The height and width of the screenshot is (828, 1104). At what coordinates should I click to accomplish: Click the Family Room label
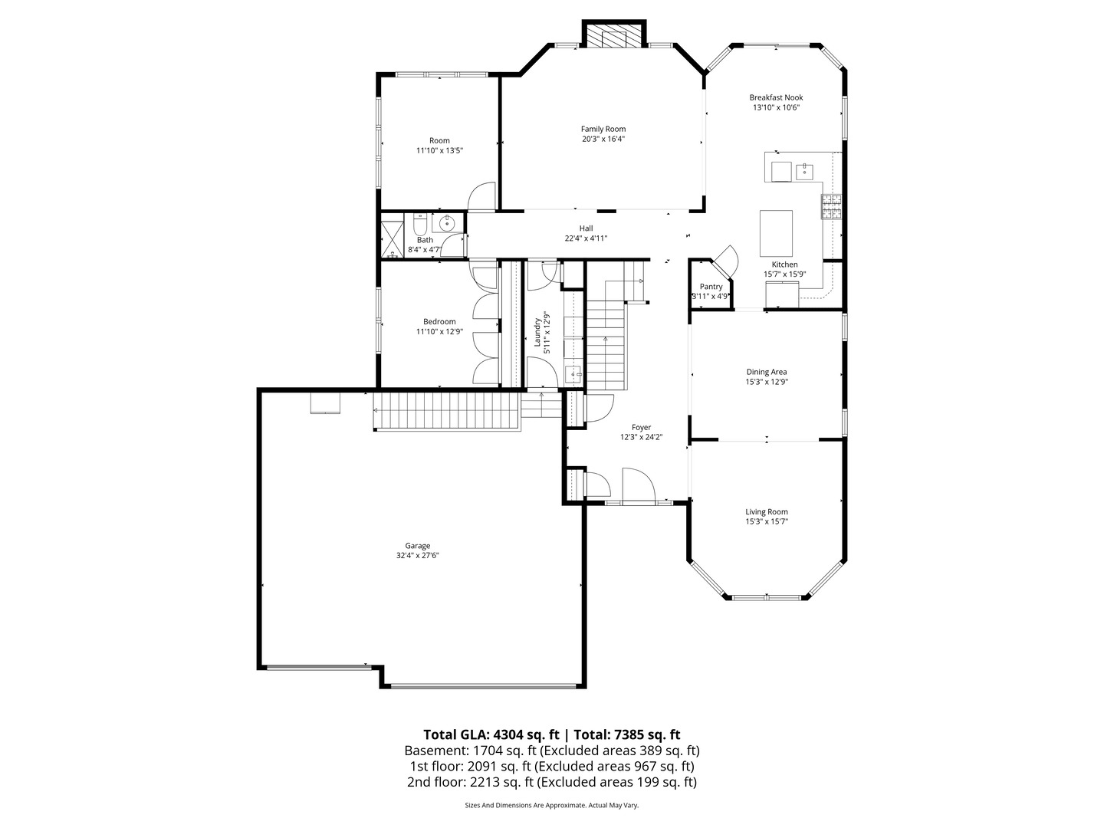(x=603, y=129)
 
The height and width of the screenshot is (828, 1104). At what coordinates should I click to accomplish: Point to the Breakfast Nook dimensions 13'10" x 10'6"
(x=776, y=108)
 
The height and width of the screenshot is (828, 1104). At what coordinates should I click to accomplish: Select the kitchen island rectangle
(x=776, y=233)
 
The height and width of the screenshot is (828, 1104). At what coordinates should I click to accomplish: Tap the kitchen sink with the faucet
(x=805, y=170)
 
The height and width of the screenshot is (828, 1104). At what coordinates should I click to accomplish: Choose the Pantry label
(x=711, y=287)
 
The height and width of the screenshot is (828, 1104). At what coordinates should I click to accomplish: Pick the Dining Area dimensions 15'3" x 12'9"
(x=767, y=382)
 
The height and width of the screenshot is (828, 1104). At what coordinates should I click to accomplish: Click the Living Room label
(x=767, y=512)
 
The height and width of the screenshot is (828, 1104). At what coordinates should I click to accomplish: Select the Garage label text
(x=418, y=546)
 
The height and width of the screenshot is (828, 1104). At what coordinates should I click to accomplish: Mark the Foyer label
(x=641, y=428)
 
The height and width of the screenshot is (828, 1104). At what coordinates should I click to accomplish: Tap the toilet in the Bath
(x=419, y=225)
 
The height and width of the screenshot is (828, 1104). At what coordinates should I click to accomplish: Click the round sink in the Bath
(x=445, y=223)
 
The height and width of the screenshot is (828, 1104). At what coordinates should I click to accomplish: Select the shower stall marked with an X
(x=393, y=238)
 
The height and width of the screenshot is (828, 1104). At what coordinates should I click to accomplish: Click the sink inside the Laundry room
(x=573, y=375)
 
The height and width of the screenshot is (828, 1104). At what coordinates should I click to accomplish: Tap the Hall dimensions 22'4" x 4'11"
(x=586, y=238)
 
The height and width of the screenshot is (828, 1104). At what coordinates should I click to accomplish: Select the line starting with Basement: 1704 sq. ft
(x=552, y=751)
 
